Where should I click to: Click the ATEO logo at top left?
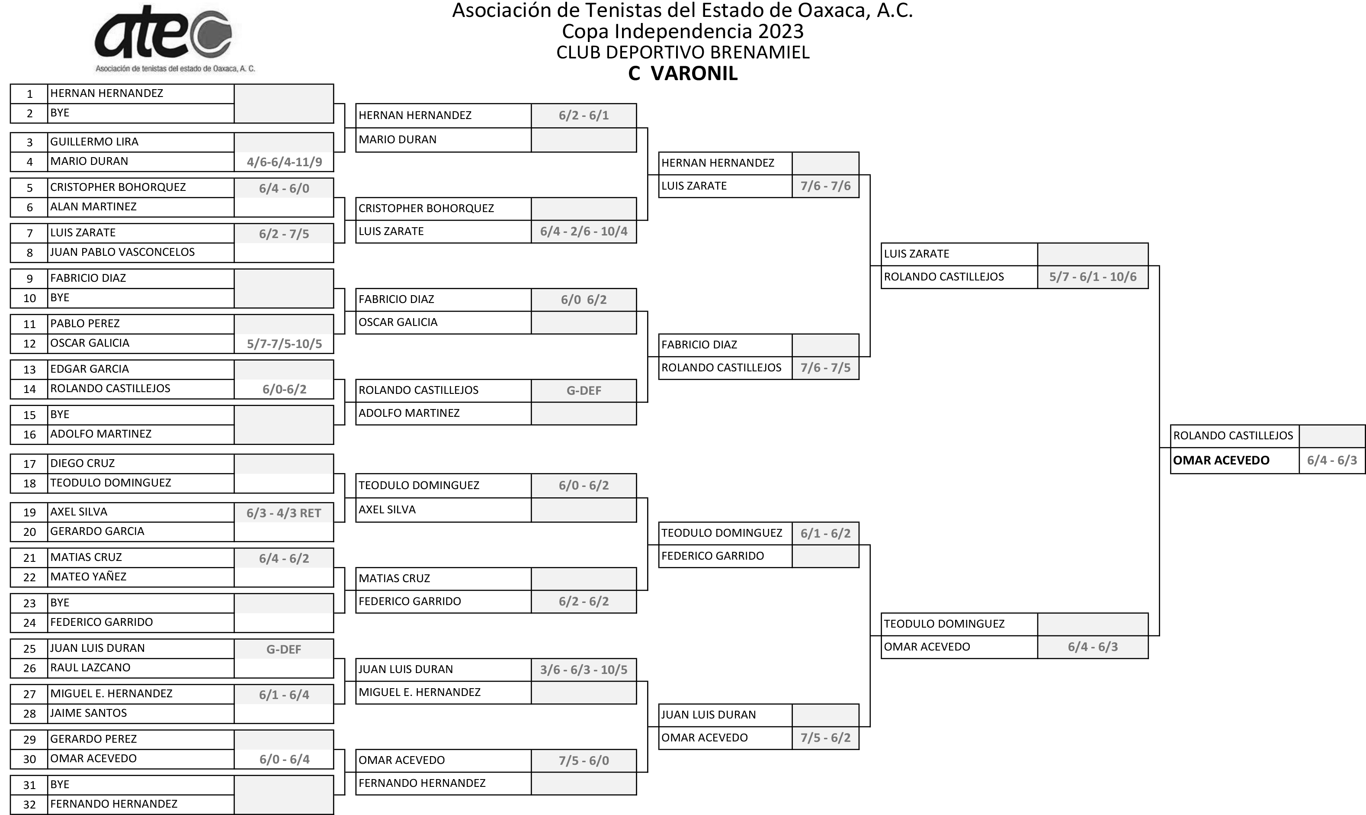tap(174, 39)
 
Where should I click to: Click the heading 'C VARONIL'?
tap(683, 74)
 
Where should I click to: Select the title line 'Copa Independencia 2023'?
tap(683, 31)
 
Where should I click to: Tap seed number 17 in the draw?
tap(30, 464)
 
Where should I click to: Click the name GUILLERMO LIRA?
tap(94, 142)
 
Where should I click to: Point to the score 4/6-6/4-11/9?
tap(284, 162)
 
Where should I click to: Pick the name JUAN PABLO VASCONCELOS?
tap(122, 252)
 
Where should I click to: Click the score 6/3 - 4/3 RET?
tap(284, 513)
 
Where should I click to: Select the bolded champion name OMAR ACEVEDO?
tap(1221, 460)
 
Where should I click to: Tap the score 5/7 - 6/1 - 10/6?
tap(1093, 277)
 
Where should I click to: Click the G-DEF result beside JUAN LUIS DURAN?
tap(284, 649)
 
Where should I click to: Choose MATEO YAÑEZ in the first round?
tap(88, 577)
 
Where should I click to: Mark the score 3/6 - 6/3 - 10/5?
tap(584, 670)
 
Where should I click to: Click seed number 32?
tap(30, 805)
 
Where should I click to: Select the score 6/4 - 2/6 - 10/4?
tap(584, 231)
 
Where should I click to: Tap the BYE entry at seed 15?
tap(60, 414)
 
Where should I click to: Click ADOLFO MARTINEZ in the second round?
tap(409, 413)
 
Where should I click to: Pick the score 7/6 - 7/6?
tap(825, 186)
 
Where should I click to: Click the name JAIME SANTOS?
tap(88, 713)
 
